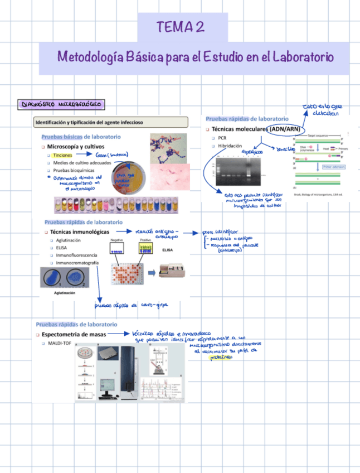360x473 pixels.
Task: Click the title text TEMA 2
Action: (x=180, y=26)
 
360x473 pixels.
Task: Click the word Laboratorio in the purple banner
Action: (x=302, y=57)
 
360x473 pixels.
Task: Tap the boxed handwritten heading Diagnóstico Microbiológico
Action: (x=61, y=104)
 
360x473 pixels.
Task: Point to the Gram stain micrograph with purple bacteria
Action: (x=171, y=148)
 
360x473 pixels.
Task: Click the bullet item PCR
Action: (x=222, y=137)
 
